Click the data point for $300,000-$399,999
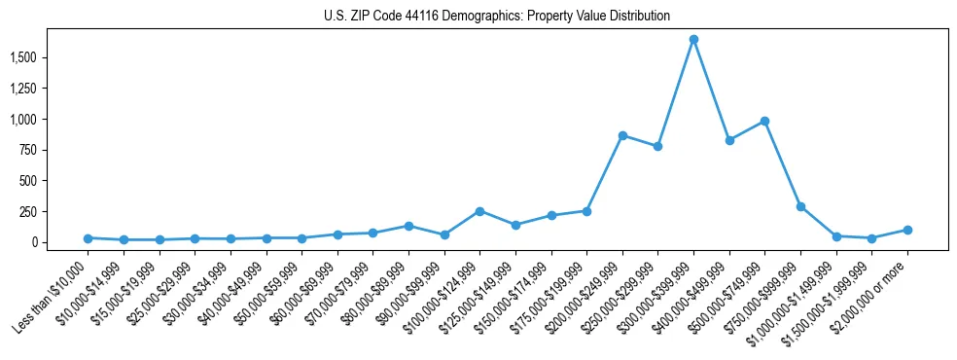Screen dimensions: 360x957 (x=693, y=40)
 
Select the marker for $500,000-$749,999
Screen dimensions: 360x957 (x=764, y=122)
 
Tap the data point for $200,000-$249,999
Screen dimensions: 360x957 (x=622, y=135)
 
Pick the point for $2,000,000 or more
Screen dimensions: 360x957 (x=907, y=230)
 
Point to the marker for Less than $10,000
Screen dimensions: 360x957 (x=88, y=237)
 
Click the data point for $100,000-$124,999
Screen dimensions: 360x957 (x=479, y=211)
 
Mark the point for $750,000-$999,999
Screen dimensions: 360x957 (x=800, y=206)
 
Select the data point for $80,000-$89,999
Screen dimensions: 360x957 (x=408, y=226)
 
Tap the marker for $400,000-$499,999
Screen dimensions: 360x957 (x=729, y=140)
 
